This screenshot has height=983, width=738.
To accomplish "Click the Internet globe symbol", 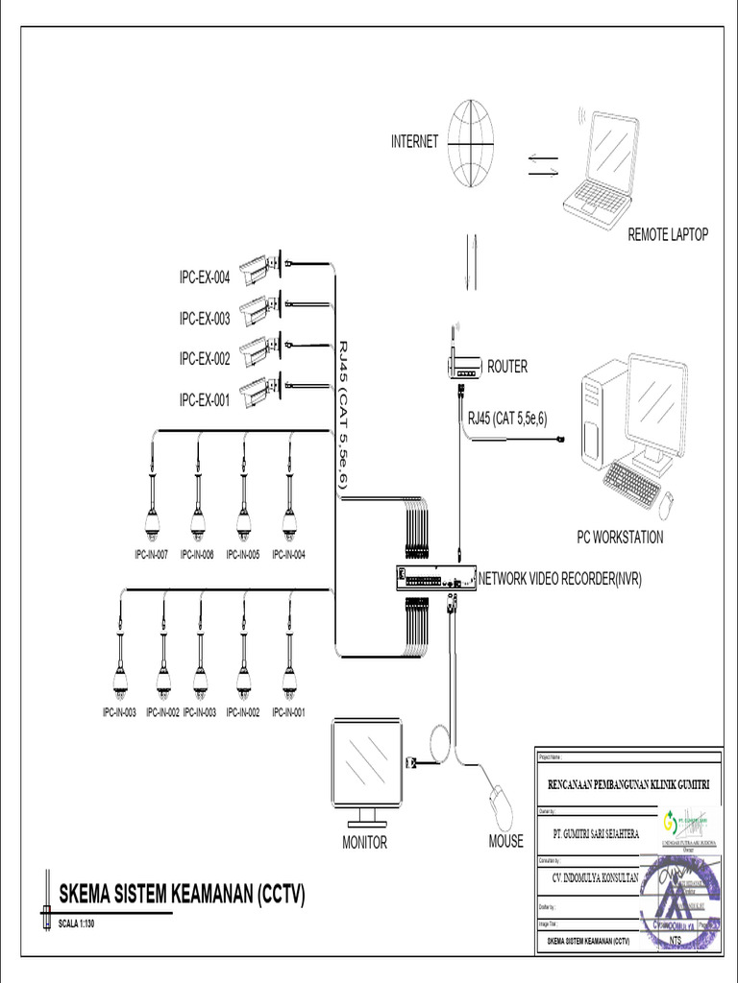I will (471, 144).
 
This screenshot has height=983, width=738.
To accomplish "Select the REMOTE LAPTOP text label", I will (668, 234).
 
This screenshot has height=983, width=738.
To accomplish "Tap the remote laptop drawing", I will (602, 168).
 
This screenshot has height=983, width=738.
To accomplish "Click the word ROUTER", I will (507, 367).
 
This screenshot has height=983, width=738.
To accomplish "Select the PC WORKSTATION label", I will (619, 538).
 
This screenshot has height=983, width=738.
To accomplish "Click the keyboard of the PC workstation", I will (631, 483).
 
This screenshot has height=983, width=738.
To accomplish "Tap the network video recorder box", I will (435, 579).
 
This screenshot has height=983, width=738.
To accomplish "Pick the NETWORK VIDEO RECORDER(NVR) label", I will (560, 579).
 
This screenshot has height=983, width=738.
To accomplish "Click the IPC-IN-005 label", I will (243, 555).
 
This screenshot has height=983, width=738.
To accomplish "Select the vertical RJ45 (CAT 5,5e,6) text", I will (343, 418).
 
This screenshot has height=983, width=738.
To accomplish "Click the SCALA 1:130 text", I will (78, 924).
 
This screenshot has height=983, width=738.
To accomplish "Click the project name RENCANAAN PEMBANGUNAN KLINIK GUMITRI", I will (628, 784).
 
